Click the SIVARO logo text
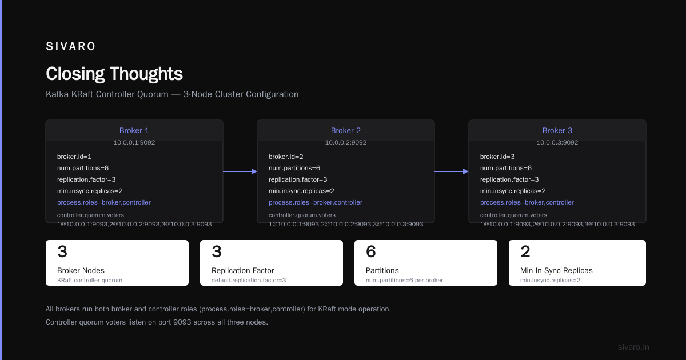[x=70, y=46]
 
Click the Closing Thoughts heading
[x=114, y=74]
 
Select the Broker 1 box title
[x=134, y=130]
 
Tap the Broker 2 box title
[x=346, y=130]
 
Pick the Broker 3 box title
[x=557, y=130]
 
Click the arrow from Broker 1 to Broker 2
[x=240, y=171]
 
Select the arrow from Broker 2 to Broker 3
[x=452, y=171]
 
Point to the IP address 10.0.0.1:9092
[x=134, y=142]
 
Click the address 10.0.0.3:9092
[x=557, y=142]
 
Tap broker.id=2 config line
[x=286, y=157]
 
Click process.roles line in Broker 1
[x=104, y=202]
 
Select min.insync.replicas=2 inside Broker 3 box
[x=513, y=191]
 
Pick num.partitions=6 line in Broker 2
[x=294, y=168]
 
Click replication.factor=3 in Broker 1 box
[x=86, y=179]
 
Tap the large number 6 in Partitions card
[x=371, y=251]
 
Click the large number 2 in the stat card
[x=525, y=251]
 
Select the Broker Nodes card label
[x=81, y=270]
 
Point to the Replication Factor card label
[x=242, y=270]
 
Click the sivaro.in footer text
[x=633, y=347]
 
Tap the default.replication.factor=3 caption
[x=249, y=280]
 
